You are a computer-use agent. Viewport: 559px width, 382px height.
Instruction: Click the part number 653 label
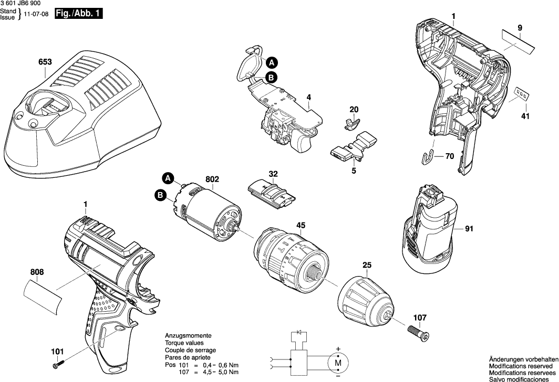click(x=45, y=62)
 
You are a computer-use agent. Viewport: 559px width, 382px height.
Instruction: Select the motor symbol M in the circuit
click(x=338, y=362)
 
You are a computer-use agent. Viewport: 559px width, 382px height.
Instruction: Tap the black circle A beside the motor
click(x=167, y=178)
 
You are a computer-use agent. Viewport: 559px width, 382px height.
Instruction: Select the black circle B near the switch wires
click(x=271, y=78)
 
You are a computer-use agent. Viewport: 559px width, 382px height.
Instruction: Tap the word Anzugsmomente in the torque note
click(x=188, y=335)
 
